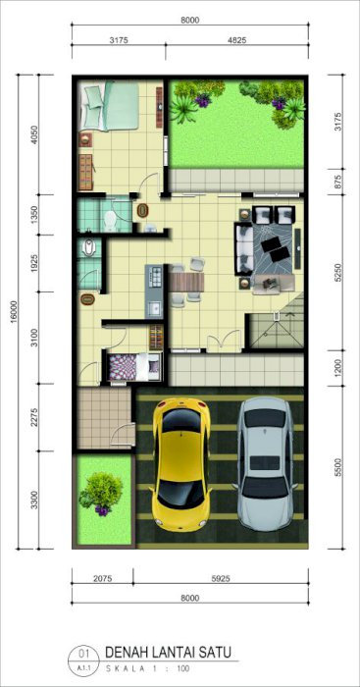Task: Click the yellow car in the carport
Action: [x=180, y=463]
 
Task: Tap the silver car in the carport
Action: [x=266, y=463]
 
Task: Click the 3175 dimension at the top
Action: [x=119, y=41]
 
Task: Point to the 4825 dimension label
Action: [x=237, y=41]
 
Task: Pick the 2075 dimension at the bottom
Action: [x=103, y=578]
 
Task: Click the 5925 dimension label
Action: [x=221, y=578]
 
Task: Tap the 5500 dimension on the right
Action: [x=336, y=467]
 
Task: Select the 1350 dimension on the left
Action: [x=35, y=215]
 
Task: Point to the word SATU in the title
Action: [x=215, y=653]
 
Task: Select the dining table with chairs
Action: [x=187, y=282]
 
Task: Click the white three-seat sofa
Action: [x=244, y=249]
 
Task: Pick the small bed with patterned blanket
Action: [x=134, y=367]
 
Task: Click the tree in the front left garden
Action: [x=101, y=493]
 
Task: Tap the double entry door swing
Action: [x=225, y=341]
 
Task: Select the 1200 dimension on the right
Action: [x=336, y=368]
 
